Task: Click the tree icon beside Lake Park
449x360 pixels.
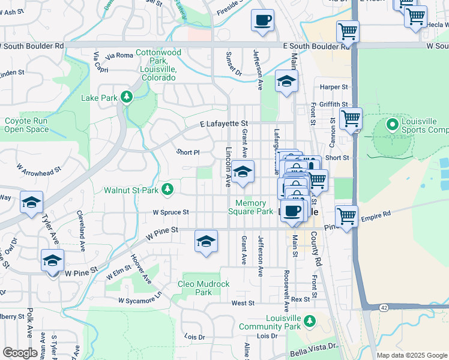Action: coord(126,97)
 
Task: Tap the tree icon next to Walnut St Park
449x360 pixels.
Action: coord(168,190)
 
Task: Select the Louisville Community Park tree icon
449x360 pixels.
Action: coord(309,322)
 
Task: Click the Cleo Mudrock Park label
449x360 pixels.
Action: coord(195,288)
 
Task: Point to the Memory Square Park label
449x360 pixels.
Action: coord(251,207)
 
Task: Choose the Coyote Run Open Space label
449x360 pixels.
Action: coord(26,125)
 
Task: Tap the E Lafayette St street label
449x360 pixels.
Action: coord(224,123)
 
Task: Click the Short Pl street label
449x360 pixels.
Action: coord(187,152)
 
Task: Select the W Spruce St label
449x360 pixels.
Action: coord(170,212)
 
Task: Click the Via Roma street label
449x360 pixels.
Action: coord(119,56)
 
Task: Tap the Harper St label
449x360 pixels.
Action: coord(334,87)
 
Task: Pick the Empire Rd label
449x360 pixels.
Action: coord(376,213)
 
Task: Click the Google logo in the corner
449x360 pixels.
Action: coord(20,353)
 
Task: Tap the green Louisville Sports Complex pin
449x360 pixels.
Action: coord(392,125)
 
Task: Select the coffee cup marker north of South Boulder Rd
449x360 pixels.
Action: coord(262,21)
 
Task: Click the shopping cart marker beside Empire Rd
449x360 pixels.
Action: coord(346,215)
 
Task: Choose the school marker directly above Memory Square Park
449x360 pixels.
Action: coord(243,172)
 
